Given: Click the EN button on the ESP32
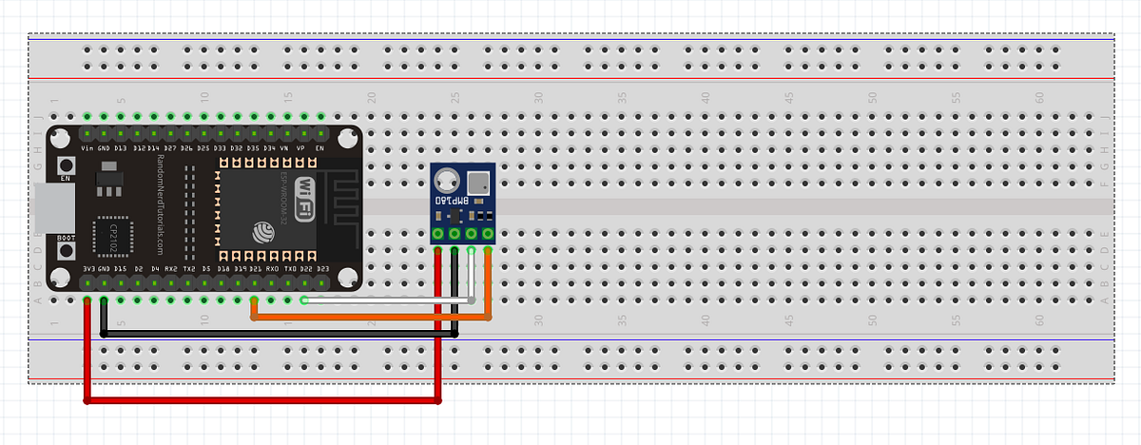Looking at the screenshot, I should (x=67, y=164).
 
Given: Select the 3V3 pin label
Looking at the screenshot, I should (x=87, y=269).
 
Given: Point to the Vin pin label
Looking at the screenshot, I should (x=87, y=149).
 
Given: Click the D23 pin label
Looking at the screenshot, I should (x=322, y=269).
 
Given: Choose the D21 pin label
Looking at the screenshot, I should (x=255, y=269).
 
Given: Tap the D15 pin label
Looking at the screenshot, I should (x=121, y=269).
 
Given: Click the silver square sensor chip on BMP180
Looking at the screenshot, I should (x=478, y=179).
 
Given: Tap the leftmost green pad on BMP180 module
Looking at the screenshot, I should (x=438, y=233).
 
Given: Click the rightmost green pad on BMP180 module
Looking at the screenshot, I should (x=488, y=233).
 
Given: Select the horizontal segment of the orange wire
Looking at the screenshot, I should (x=371, y=318).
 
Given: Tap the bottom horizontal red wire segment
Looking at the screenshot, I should (x=262, y=401).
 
